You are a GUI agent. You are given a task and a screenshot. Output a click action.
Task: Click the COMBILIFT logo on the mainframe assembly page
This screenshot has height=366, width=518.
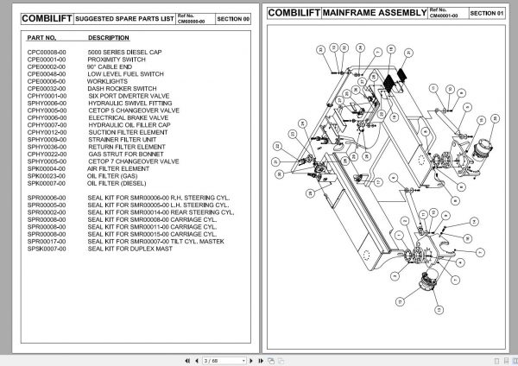tap(294, 13)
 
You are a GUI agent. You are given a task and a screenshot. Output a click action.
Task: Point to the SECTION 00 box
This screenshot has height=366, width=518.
tap(231, 16)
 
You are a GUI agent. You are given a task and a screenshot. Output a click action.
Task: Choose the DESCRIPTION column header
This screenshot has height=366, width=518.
tap(109, 38)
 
